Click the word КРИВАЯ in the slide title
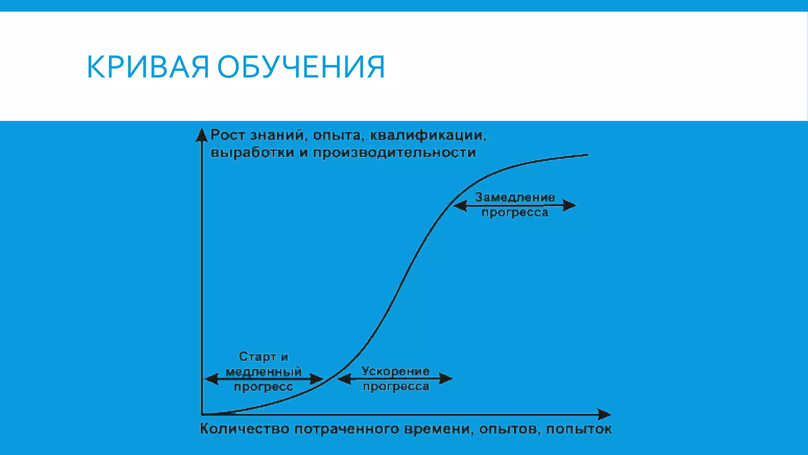148,67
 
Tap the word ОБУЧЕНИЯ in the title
301,67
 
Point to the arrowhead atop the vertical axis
202,135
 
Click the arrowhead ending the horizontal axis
604,414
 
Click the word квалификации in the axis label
428,135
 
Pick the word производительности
394,152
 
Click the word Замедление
514,197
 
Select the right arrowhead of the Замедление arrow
570,205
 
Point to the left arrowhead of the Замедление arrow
460,206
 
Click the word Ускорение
395,371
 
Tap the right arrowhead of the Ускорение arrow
446,378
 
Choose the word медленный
263,372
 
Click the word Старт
257,357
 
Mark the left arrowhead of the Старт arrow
211,379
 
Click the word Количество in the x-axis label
244,429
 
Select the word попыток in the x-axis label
579,429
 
